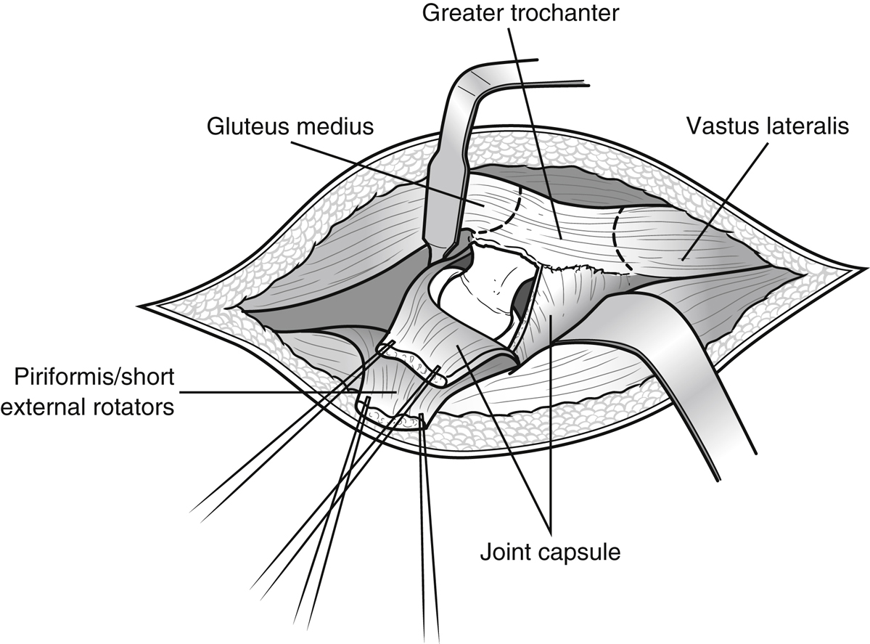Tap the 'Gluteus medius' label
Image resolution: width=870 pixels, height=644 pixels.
click(x=290, y=126)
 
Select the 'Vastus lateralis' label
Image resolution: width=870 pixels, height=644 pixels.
click(x=767, y=126)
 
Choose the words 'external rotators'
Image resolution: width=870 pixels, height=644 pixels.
click(x=88, y=407)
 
